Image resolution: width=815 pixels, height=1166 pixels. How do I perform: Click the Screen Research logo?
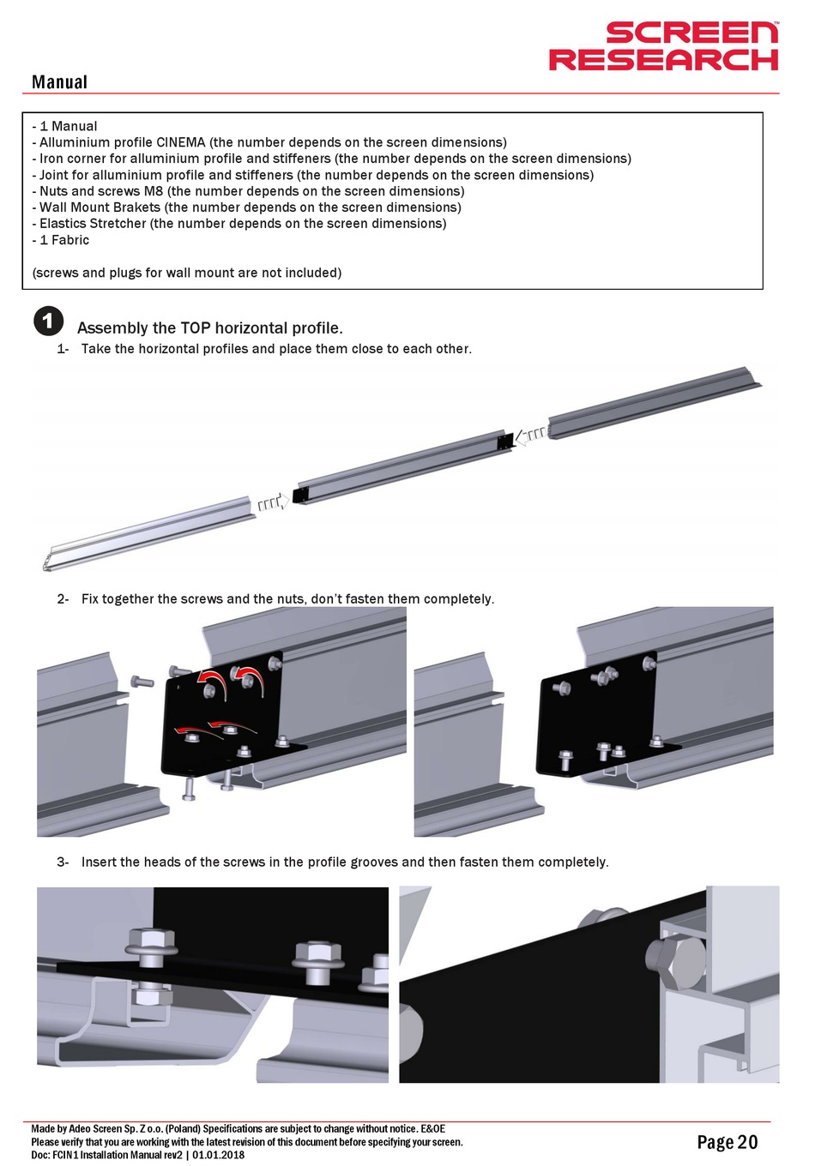click(664, 46)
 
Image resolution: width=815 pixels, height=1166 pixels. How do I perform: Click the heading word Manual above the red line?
click(59, 82)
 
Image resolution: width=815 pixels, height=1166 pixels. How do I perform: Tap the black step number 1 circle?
click(48, 321)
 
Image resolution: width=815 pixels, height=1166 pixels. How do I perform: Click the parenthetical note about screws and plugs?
click(186, 273)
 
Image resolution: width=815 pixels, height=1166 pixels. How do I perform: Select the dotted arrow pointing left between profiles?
click(530, 436)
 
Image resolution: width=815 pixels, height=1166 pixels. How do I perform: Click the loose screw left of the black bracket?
click(142, 682)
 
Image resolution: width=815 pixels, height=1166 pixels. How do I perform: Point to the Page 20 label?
click(727, 1142)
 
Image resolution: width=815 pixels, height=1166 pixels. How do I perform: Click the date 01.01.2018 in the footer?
click(219, 1155)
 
